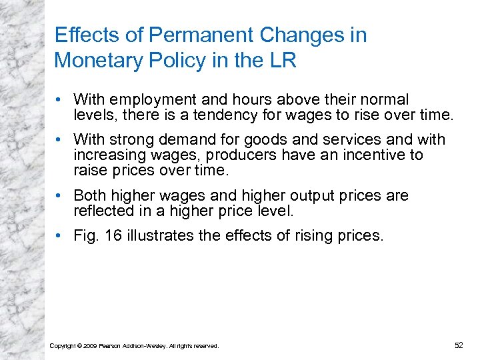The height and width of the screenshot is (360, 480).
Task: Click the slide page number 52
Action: click(x=458, y=345)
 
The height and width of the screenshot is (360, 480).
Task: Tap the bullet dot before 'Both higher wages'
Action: click(x=60, y=196)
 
